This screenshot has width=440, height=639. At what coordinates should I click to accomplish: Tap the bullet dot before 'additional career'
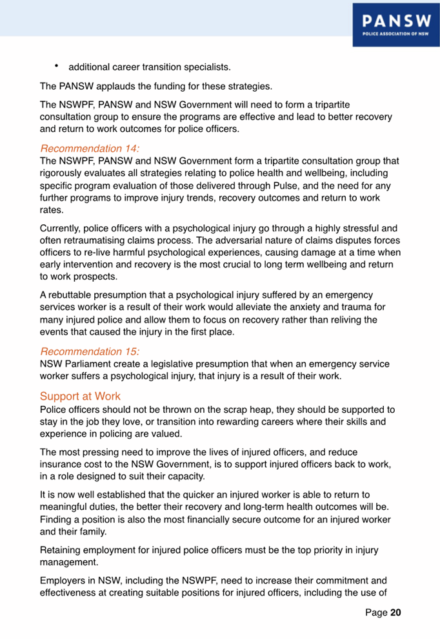pos(57,65)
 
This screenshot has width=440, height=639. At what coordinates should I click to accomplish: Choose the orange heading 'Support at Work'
pos(79,395)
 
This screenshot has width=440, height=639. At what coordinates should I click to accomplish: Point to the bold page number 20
pos(395,612)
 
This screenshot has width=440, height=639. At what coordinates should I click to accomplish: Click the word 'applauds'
pos(126,86)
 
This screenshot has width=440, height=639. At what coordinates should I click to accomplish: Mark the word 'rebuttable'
pos(72,295)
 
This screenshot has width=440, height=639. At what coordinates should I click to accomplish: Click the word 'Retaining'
pos(62,550)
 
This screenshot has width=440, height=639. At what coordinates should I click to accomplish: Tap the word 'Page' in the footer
pos(377,612)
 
